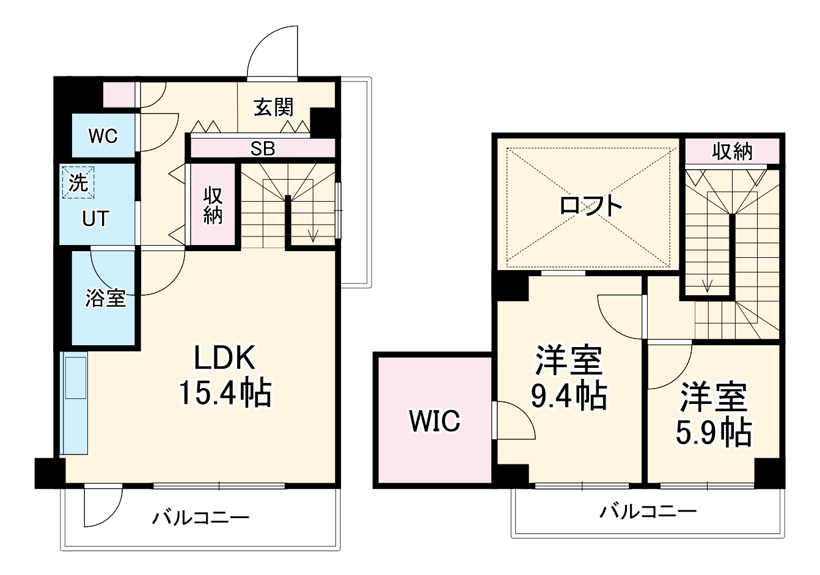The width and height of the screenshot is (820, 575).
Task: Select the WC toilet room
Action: pyautogui.click(x=103, y=136)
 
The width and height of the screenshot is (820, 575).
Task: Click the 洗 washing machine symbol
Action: pyautogui.click(x=78, y=183)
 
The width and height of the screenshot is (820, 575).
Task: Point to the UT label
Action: pyautogui.click(x=96, y=218)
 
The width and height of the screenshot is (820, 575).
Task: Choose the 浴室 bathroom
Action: pyautogui.click(x=105, y=298)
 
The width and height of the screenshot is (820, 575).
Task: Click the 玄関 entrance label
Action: pyautogui.click(x=274, y=107)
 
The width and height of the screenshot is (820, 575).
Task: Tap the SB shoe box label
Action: pyautogui.click(x=263, y=148)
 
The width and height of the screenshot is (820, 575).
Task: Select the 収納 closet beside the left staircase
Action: pyautogui.click(x=213, y=205)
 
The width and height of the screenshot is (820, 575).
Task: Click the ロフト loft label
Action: pyautogui.click(x=591, y=205)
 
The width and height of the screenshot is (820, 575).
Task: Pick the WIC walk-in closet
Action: pyautogui.click(x=434, y=420)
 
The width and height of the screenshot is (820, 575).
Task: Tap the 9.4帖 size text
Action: pyautogui.click(x=568, y=396)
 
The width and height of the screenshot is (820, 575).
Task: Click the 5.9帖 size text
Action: pyautogui.click(x=713, y=432)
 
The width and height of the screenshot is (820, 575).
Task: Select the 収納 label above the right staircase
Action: pyautogui.click(x=732, y=152)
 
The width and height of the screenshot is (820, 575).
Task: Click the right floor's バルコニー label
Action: pyautogui.click(x=647, y=510)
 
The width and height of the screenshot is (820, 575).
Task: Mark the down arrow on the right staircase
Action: pyautogui.click(x=708, y=284)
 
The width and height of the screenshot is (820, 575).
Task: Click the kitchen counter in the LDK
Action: pyautogui.click(x=75, y=403)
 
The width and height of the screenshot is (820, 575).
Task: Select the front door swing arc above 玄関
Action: pyautogui.click(x=272, y=52)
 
